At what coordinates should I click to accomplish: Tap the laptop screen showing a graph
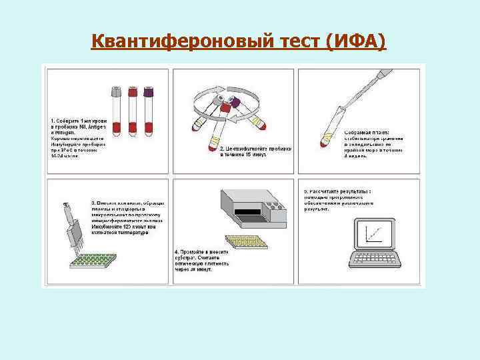click(375, 234)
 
